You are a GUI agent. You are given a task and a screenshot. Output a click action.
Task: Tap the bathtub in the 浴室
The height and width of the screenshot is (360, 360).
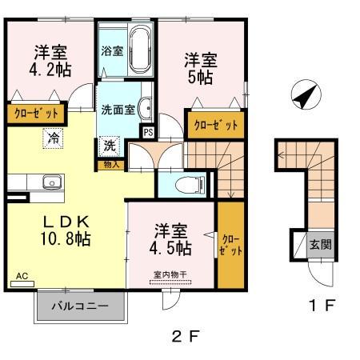141,51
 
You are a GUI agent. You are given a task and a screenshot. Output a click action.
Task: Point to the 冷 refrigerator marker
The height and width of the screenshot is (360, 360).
52,138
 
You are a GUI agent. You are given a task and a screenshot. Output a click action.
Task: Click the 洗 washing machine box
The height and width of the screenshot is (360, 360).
110,147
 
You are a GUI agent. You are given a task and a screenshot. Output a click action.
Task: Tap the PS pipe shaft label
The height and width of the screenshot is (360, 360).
147,132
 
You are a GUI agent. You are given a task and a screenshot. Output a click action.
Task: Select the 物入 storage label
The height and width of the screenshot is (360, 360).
111,164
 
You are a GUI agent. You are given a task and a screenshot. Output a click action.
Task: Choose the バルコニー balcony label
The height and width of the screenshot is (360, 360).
80,306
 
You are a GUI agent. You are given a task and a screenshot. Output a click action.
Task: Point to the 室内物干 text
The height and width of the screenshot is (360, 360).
170,274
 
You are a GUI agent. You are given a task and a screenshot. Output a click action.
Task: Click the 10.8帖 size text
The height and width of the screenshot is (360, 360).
60,238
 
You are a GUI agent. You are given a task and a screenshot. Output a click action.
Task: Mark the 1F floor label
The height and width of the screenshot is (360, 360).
318,304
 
